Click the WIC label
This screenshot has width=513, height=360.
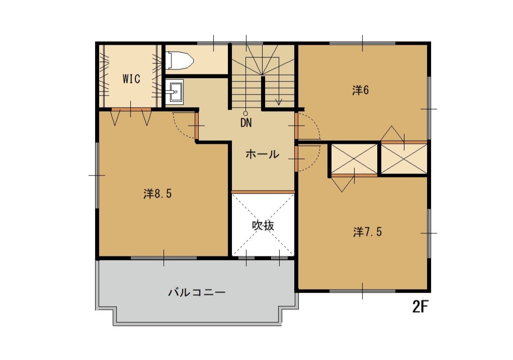pos(131,79)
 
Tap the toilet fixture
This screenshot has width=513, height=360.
pos(179,60)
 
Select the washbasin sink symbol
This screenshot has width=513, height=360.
pos(175,92)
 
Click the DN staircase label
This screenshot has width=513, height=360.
pos(246,123)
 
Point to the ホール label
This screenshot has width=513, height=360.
pos(263,154)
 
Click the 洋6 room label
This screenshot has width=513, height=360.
pos(361,90)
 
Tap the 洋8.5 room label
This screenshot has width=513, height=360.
pos(157,194)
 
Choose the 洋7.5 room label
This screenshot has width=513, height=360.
pos(368,232)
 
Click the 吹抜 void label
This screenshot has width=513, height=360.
pos(263,225)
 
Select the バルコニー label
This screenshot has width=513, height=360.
pos(197,292)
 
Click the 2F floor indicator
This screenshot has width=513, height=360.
pos(420,306)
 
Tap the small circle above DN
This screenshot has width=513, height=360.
pos(245,114)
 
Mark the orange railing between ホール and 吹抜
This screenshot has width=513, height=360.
pos(263,192)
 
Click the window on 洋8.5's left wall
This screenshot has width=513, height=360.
pos(97,175)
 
